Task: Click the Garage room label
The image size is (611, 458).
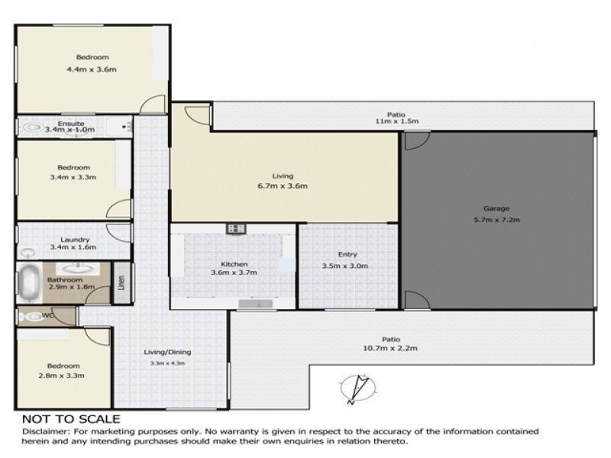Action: coord(496,208)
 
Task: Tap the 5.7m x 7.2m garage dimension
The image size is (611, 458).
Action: coord(497,220)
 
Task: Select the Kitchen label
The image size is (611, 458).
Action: coord(234,264)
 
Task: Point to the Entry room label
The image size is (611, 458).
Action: coord(348,254)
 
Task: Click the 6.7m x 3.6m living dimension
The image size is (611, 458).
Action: coord(283,186)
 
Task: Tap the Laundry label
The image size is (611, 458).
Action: coord(75,240)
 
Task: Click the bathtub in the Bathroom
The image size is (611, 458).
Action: coord(30,282)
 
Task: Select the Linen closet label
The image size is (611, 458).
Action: coord(121,282)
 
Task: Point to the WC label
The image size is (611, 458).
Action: coord(47,315)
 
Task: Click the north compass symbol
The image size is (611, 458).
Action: coord(358,389)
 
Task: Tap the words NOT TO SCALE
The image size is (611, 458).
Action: coord(71,419)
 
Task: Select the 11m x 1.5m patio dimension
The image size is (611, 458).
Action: coord(396,121)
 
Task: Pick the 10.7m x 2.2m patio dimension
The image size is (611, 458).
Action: coord(390,348)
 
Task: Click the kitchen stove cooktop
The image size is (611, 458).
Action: coord(236,228)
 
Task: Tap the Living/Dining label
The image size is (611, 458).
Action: coord(167,352)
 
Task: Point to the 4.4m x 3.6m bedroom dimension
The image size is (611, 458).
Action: coord(92,69)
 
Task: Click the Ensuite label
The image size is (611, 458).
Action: coord(71,124)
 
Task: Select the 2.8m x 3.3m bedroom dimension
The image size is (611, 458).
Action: coord(62,376)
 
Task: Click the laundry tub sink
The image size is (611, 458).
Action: coord(27,253)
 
